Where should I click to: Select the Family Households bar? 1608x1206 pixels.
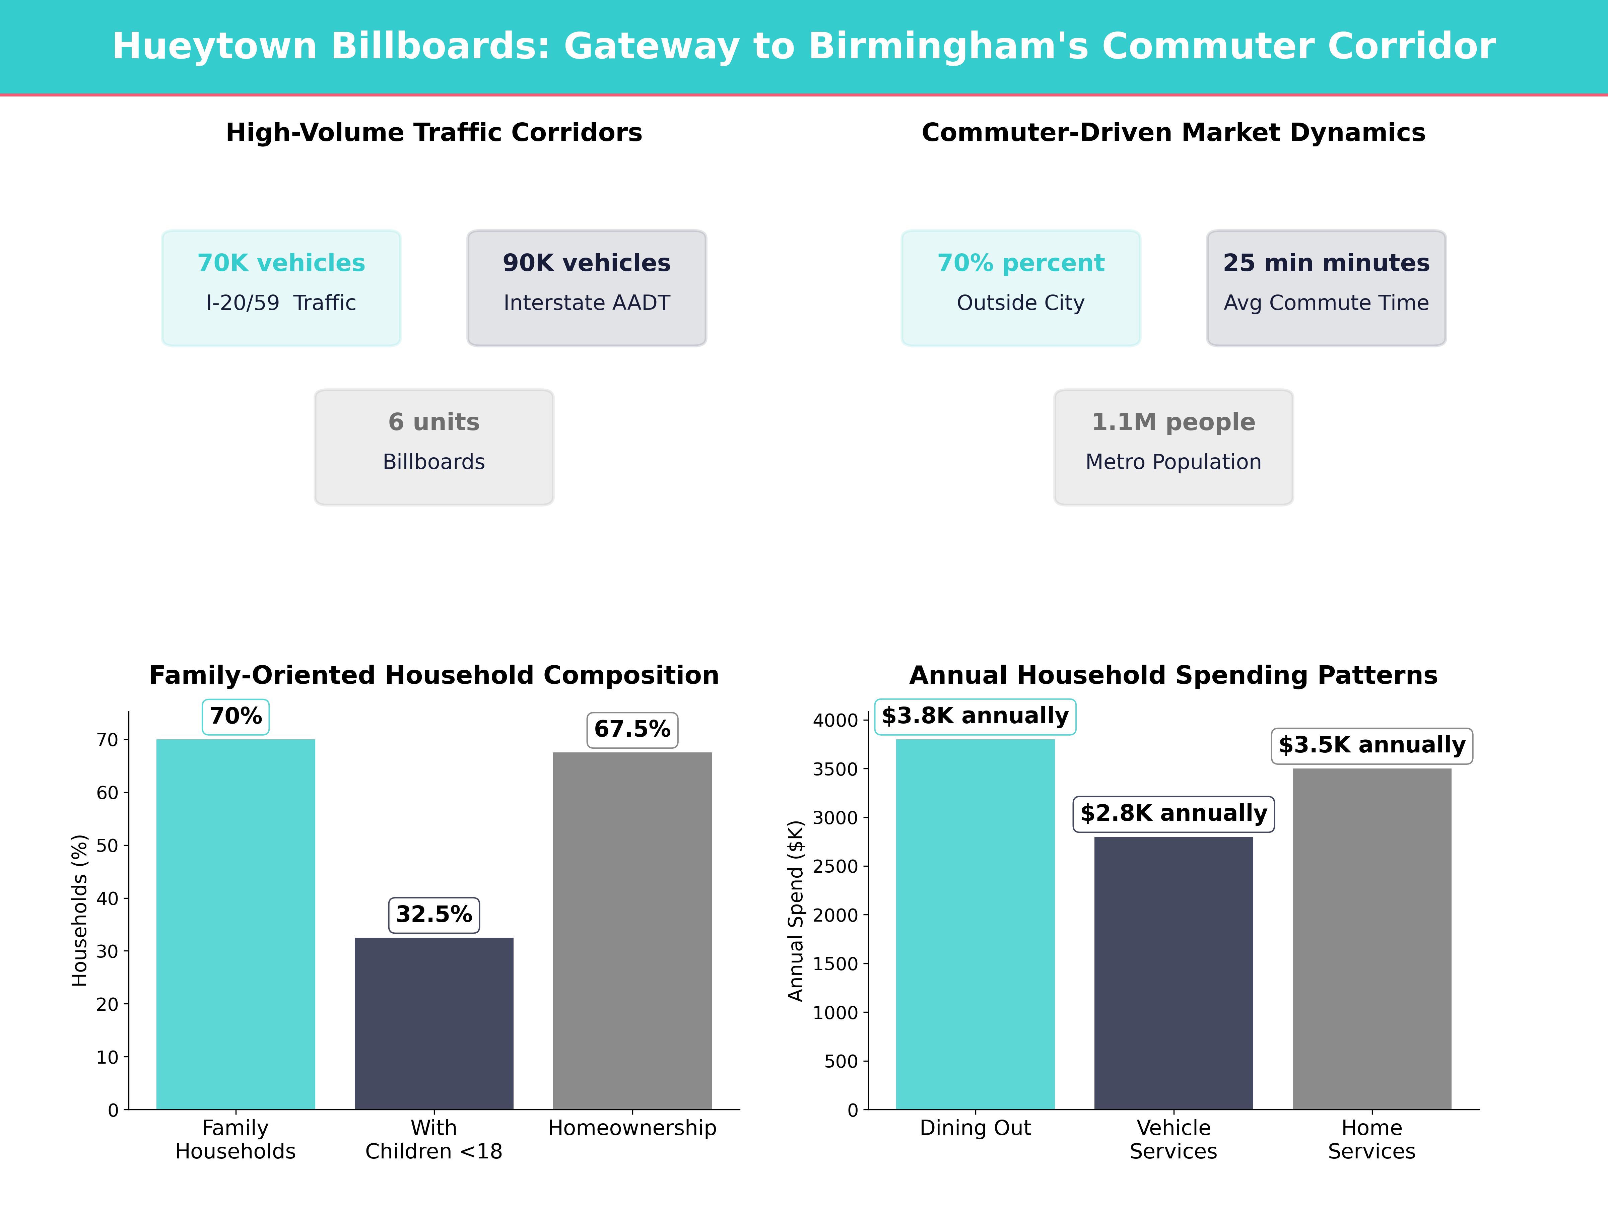(x=236, y=923)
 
